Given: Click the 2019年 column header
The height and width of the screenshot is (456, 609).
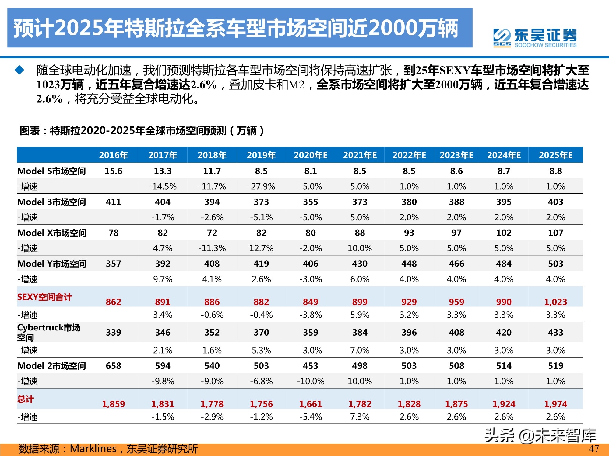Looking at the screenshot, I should (261, 155).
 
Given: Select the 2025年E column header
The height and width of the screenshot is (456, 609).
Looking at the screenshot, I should (555, 155).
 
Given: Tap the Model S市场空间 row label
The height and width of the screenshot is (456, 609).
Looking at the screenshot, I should (51, 171).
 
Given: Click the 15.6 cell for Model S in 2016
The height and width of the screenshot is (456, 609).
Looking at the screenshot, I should (113, 171).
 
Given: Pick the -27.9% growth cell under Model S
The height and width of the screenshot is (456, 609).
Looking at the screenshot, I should (261, 186).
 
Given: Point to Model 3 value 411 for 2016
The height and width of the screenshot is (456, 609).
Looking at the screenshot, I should (113, 202).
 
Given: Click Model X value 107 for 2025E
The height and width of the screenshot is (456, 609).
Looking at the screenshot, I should (555, 233).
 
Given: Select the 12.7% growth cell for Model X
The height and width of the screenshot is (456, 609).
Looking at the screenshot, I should (261, 248).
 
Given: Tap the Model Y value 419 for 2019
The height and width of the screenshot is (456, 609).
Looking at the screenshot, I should (261, 264).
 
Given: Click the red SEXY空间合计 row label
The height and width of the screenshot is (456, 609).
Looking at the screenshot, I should (44, 297).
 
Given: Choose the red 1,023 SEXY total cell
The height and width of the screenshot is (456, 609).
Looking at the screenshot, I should (555, 302).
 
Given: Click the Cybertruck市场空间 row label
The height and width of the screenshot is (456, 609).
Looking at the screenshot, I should (49, 332).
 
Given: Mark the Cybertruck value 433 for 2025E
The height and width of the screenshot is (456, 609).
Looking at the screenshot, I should (555, 332).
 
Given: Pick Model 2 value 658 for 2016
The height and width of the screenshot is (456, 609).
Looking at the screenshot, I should (113, 366).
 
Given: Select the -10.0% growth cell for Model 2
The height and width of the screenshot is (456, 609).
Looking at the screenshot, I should (310, 381).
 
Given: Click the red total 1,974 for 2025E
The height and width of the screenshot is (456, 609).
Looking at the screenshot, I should (555, 404).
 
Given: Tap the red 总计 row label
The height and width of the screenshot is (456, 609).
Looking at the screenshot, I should (26, 399).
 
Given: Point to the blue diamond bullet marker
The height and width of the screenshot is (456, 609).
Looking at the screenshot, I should (19, 70).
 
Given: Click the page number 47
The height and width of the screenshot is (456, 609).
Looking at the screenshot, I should (593, 449).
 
